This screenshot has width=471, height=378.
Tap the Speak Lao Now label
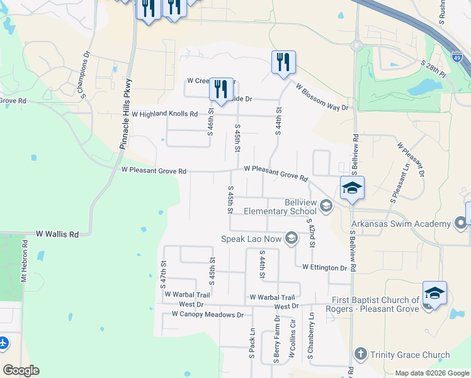point(252,238)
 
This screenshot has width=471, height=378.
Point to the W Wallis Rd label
point(57,234)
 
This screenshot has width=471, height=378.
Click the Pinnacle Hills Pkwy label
point(126,113)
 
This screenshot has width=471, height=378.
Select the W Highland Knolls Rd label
point(164,114)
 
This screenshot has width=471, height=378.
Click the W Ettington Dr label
point(324,267)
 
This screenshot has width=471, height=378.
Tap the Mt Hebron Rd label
point(25,261)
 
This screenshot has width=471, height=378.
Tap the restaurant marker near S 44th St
point(283,62)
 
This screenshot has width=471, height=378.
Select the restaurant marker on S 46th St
point(221,89)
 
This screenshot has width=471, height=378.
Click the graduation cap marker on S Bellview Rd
point(352,188)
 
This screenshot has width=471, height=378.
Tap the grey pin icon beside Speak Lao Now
point(291,238)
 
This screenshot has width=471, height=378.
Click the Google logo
point(21,370)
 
